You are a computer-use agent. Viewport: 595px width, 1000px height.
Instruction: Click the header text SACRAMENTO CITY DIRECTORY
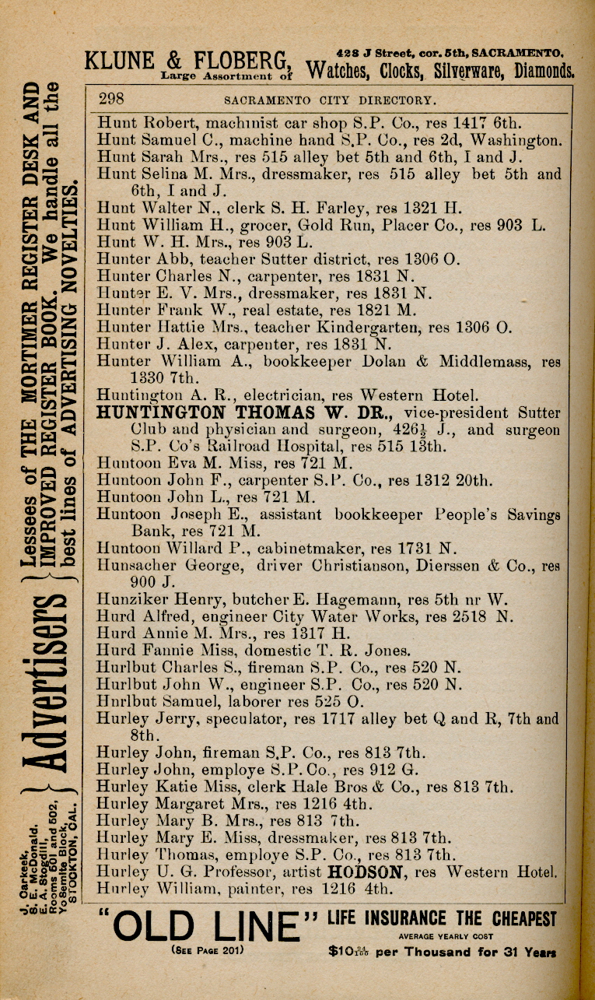tap(330, 100)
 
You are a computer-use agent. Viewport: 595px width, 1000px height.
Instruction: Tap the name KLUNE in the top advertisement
tap(121, 61)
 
